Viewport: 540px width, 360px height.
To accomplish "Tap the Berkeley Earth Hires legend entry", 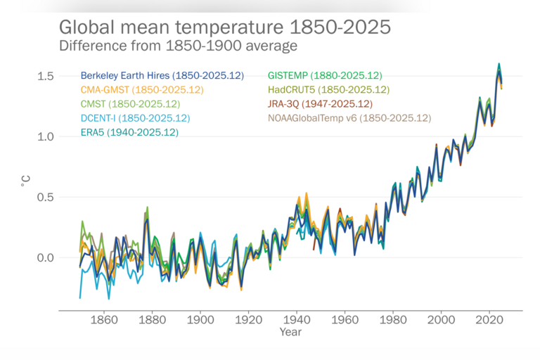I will [x=162, y=75].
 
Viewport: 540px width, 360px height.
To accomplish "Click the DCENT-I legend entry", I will [x=135, y=117].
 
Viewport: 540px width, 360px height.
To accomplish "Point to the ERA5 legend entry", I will [x=129, y=131].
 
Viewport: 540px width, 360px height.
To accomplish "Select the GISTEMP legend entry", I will [x=325, y=75].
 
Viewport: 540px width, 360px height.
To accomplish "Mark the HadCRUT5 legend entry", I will [x=328, y=89].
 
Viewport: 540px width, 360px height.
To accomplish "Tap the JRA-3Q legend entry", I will [x=320, y=103].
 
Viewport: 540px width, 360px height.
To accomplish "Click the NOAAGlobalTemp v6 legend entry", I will [x=349, y=117].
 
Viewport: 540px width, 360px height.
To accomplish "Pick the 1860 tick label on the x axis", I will [x=103, y=319].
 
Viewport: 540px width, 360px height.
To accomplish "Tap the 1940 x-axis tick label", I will [x=297, y=319].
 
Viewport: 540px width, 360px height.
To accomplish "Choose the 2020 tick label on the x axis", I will [x=489, y=319].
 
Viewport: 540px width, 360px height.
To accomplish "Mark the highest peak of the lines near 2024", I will [x=499, y=64].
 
